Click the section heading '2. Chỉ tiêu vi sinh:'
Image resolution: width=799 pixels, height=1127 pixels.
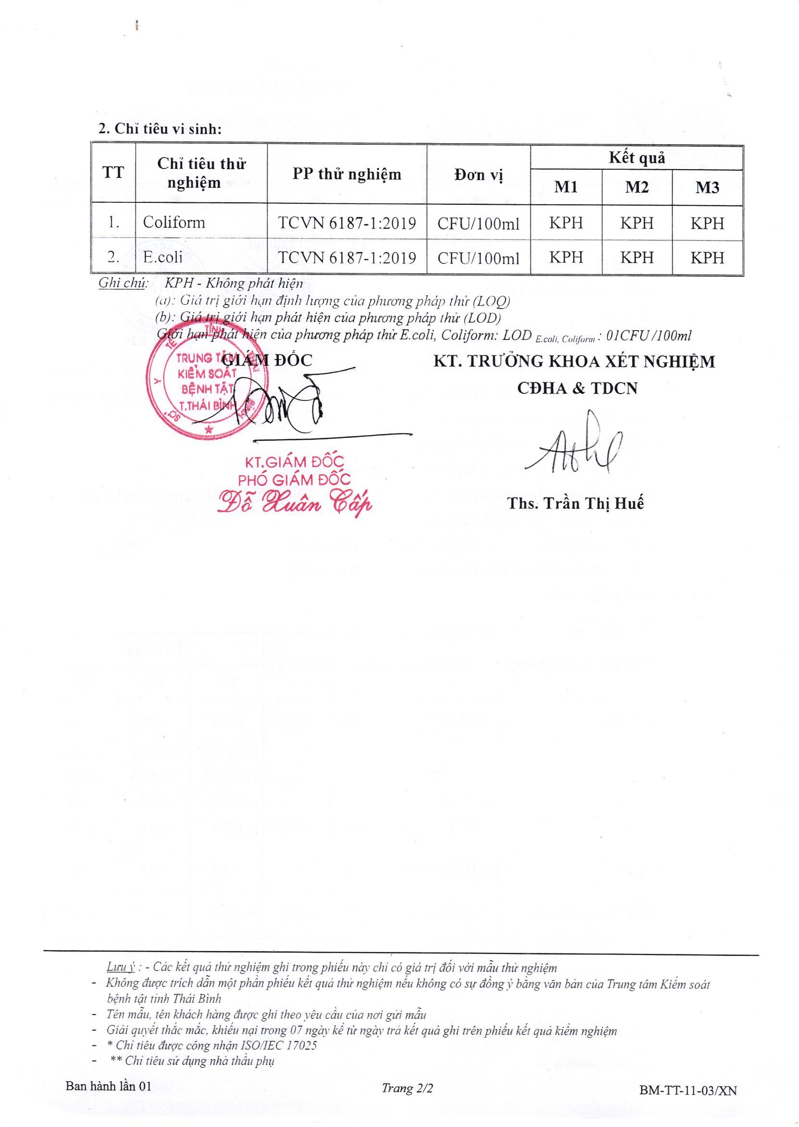click(x=161, y=129)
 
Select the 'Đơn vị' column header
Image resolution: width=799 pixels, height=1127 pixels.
click(x=478, y=175)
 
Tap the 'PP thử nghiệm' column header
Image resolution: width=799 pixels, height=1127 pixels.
click(x=347, y=174)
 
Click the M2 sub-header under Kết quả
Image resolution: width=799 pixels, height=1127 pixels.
click(x=637, y=187)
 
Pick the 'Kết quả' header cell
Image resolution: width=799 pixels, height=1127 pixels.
click(x=637, y=158)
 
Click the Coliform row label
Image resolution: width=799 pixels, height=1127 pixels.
click(x=174, y=223)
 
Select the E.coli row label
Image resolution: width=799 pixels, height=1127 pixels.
click(x=163, y=257)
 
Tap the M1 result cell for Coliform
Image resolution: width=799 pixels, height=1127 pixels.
click(x=566, y=223)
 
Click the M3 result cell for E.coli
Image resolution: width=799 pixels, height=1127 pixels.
click(x=708, y=258)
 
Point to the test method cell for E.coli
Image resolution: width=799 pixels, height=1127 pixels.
click(x=347, y=258)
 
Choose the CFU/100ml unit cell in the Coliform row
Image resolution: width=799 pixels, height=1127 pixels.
click(x=478, y=224)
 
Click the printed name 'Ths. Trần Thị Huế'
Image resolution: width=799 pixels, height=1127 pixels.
click(x=575, y=504)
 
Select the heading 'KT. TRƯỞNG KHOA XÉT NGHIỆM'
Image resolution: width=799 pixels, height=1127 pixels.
click(x=574, y=362)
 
